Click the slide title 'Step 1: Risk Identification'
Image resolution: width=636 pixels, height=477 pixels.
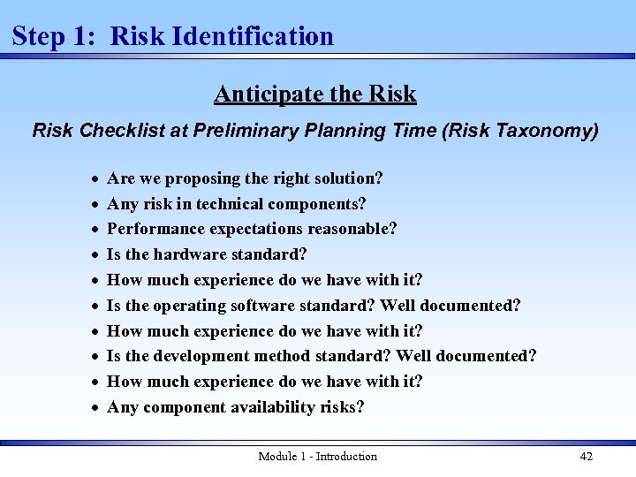point(173,36)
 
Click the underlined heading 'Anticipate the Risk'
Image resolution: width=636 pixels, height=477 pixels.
point(314,94)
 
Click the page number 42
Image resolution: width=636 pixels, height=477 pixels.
point(586,456)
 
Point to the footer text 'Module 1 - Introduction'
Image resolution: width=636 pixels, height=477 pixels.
point(317,456)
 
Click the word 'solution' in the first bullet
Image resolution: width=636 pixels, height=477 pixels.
point(347,178)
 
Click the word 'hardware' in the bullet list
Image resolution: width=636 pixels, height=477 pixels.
point(187,255)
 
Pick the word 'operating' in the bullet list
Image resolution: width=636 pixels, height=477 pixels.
point(190,306)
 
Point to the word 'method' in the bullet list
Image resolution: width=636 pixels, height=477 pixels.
point(288,357)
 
